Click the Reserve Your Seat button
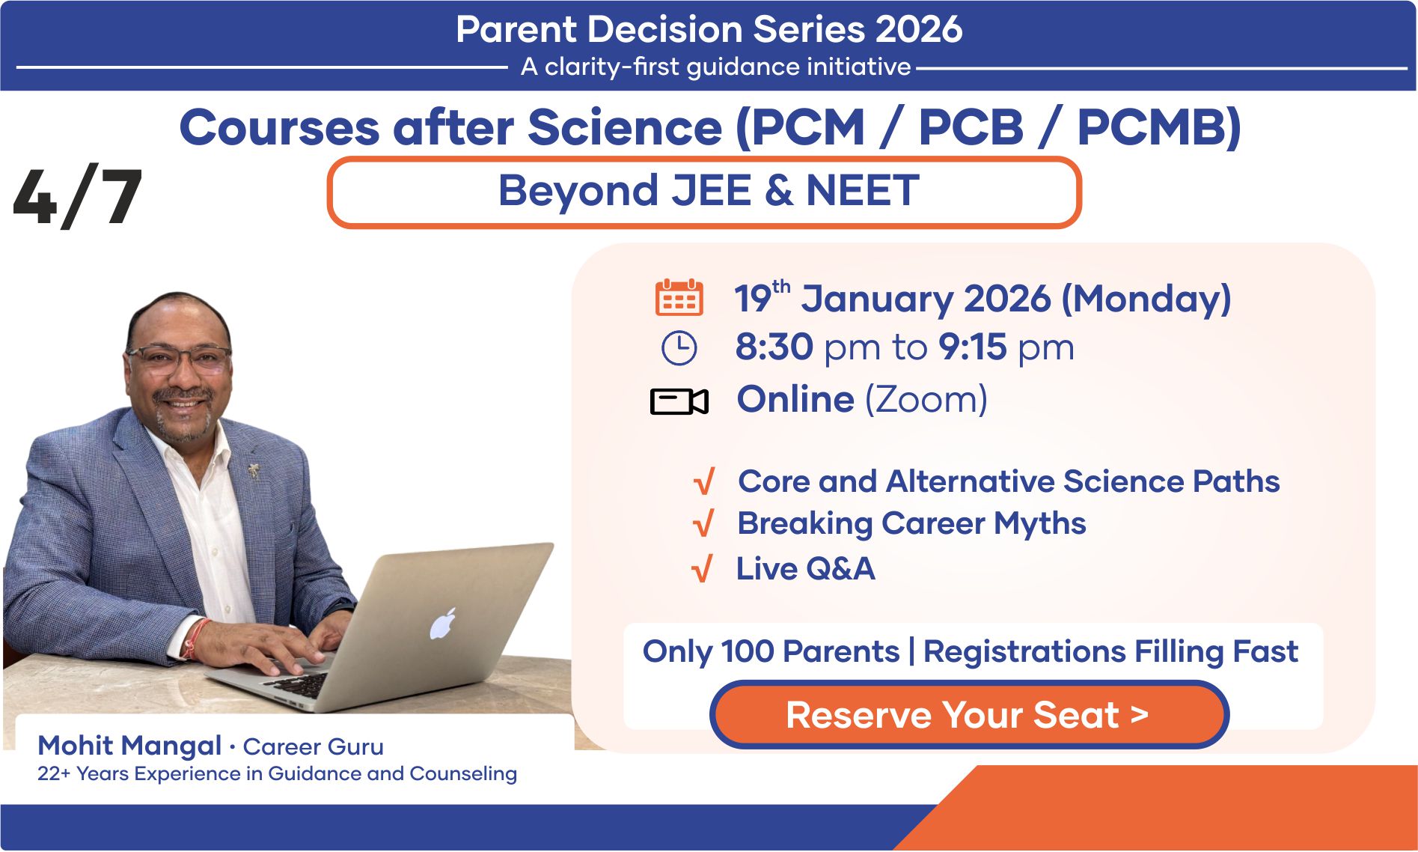click(969, 715)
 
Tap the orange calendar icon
click(679, 297)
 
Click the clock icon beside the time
click(679, 348)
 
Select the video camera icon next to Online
click(679, 401)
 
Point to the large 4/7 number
click(78, 197)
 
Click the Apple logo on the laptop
click(442, 624)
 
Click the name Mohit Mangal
click(129, 746)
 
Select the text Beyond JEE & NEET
click(709, 190)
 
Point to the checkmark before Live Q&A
click(702, 569)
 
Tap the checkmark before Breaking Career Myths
click(703, 523)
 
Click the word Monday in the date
click(1146, 299)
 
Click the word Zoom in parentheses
click(925, 400)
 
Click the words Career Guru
click(313, 746)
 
